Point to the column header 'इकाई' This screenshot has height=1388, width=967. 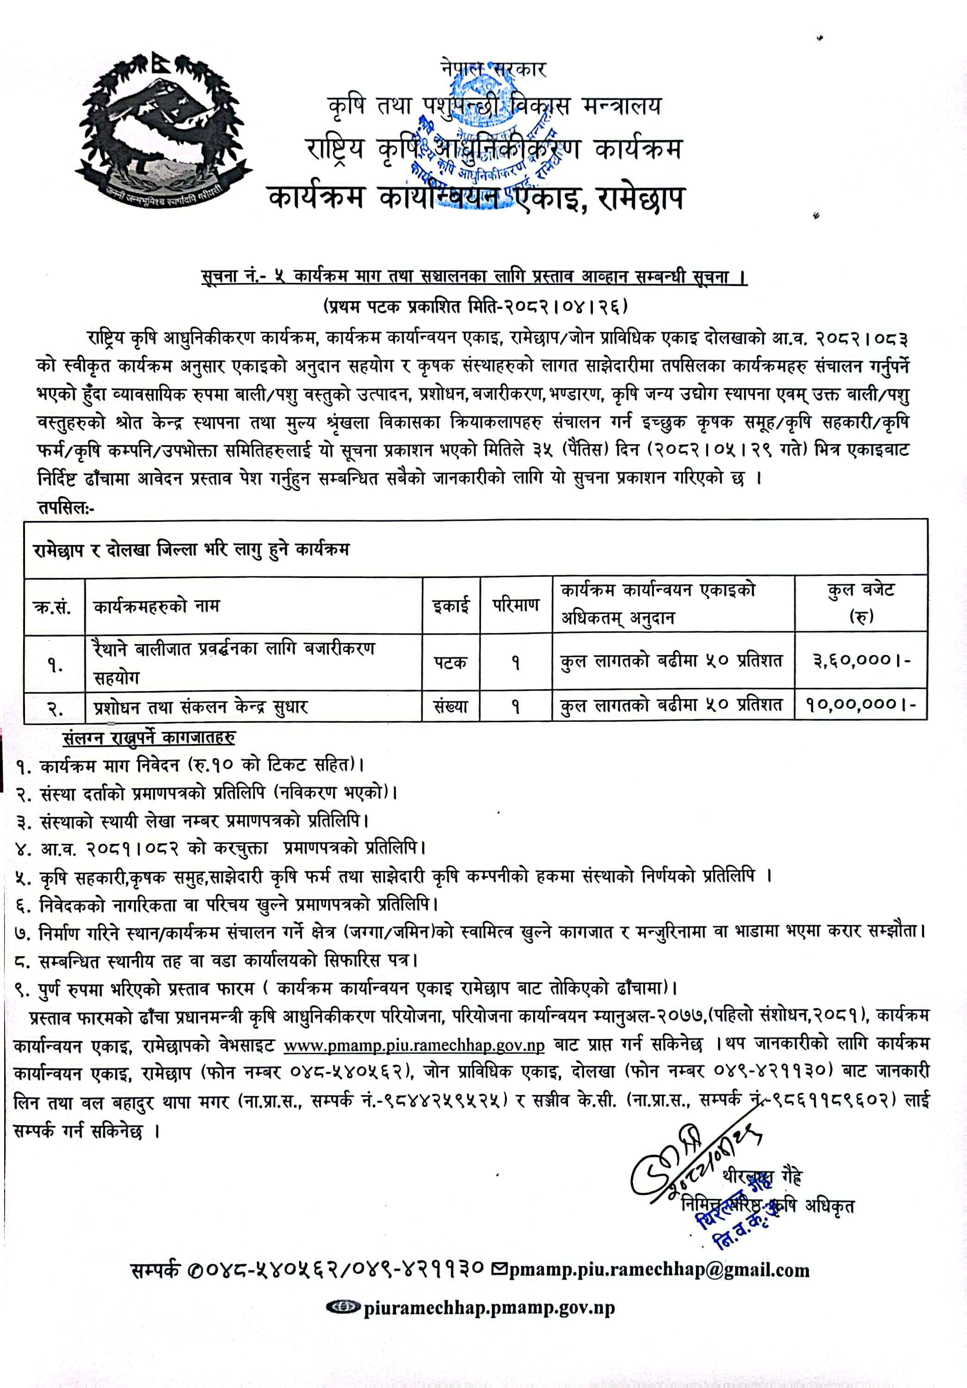pyautogui.click(x=451, y=605)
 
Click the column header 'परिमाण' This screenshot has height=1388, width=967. pyautogui.click(x=516, y=605)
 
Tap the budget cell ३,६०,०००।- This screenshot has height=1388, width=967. pyautogui.click(x=861, y=660)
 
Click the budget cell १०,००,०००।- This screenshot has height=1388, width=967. pyautogui.click(x=861, y=704)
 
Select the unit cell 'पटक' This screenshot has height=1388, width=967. pyautogui.click(x=450, y=663)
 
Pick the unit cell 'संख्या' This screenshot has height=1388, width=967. pyautogui.click(x=451, y=706)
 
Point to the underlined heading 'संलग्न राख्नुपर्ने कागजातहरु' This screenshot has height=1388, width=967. pyautogui.click(x=148, y=737)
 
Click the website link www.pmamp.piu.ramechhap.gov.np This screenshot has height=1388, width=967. pyautogui.click(x=414, y=1045)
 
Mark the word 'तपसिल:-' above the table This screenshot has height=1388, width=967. pyautogui.click(x=67, y=507)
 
